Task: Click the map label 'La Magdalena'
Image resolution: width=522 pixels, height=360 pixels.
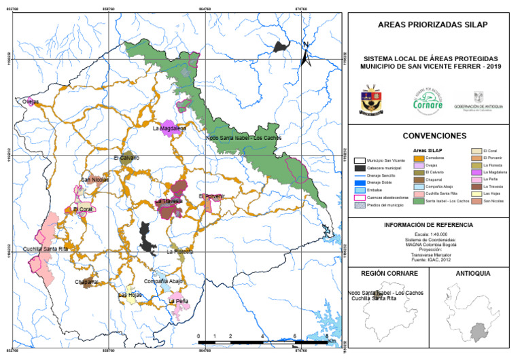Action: [169, 128]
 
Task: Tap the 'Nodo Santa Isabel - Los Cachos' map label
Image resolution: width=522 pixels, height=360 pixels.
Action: [243, 138]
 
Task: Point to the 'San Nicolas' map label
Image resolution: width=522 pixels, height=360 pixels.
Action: [94, 180]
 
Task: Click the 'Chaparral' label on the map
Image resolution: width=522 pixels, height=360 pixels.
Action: [87, 281]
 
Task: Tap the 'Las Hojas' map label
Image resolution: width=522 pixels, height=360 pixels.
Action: [130, 295]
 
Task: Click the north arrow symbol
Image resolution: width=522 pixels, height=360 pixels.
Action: [307, 54]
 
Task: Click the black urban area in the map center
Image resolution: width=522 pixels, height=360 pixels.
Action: [146, 236]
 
